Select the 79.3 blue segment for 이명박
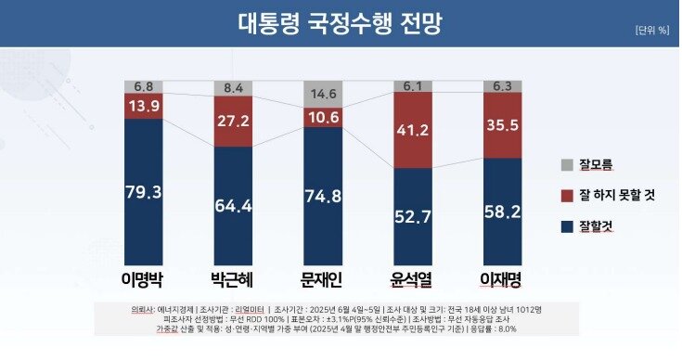click(144, 192)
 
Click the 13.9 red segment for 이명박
click(144, 107)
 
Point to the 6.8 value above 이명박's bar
click(144, 86)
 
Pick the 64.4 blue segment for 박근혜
click(233, 206)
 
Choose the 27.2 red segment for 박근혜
click(233, 122)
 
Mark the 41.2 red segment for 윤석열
click(412, 131)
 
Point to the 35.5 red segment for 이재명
click(502, 126)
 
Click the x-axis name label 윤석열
click(412, 281)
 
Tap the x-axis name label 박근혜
click(233, 281)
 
